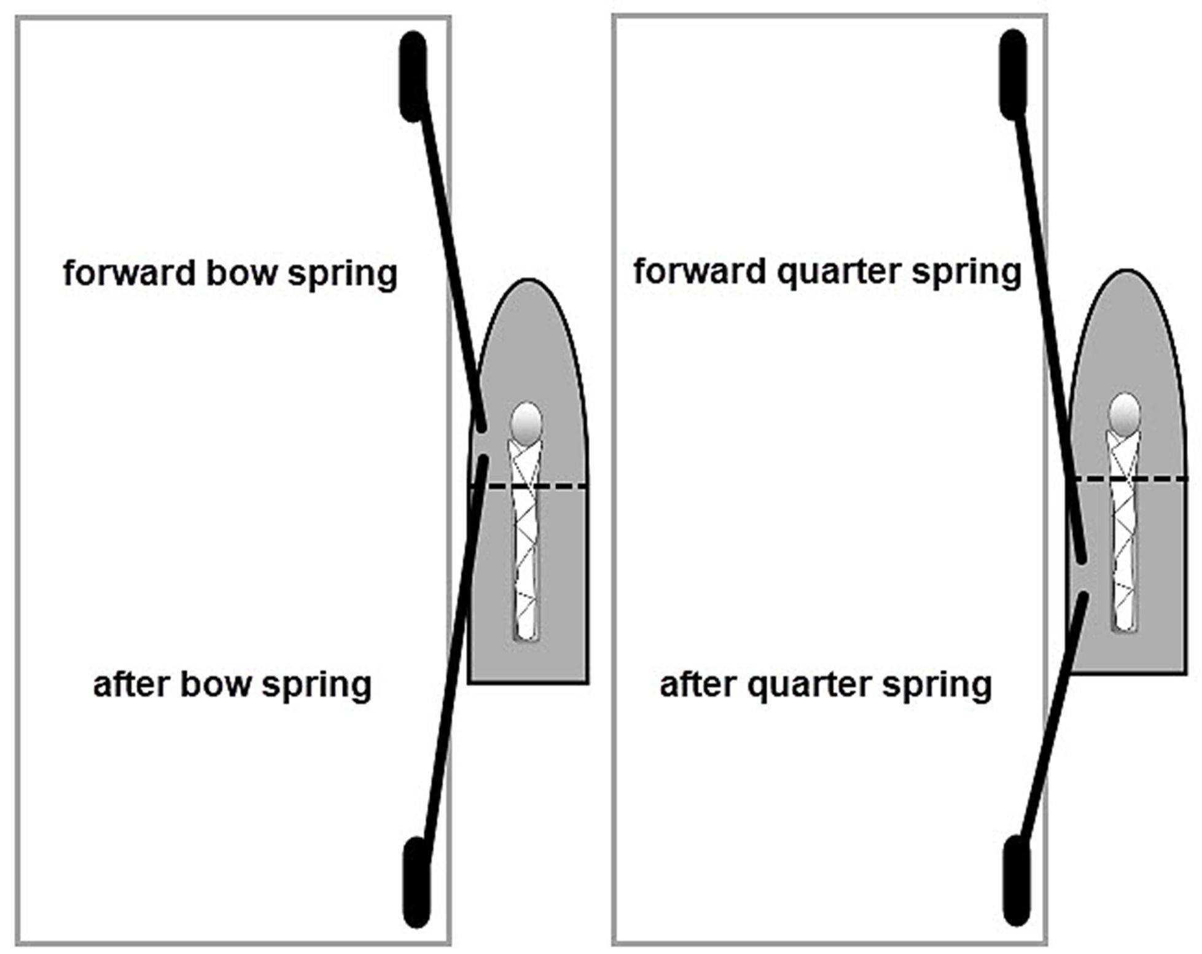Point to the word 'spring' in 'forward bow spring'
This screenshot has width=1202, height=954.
pyautogui.click(x=342, y=274)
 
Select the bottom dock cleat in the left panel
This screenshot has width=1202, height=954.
pyautogui.click(x=416, y=881)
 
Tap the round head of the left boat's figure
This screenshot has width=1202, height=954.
pyautogui.click(x=526, y=423)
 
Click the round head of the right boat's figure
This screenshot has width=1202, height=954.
pyautogui.click(x=1125, y=413)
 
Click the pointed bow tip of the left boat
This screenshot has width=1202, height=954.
pyautogui.click(x=528, y=281)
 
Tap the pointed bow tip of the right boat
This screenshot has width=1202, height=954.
pyautogui.click(x=1126, y=272)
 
